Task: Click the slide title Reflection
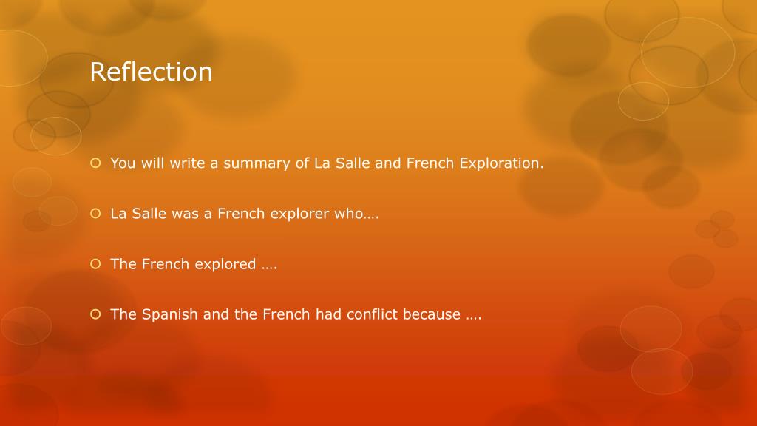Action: point(151,72)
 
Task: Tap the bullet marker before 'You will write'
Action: point(95,163)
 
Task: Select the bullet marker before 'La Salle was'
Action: point(95,213)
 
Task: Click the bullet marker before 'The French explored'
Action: point(95,264)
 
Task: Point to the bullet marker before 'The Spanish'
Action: point(95,314)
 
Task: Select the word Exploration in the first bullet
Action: point(501,163)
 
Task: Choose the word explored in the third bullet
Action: point(225,264)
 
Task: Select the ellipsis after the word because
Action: point(474,317)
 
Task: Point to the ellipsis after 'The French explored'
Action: point(269,267)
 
